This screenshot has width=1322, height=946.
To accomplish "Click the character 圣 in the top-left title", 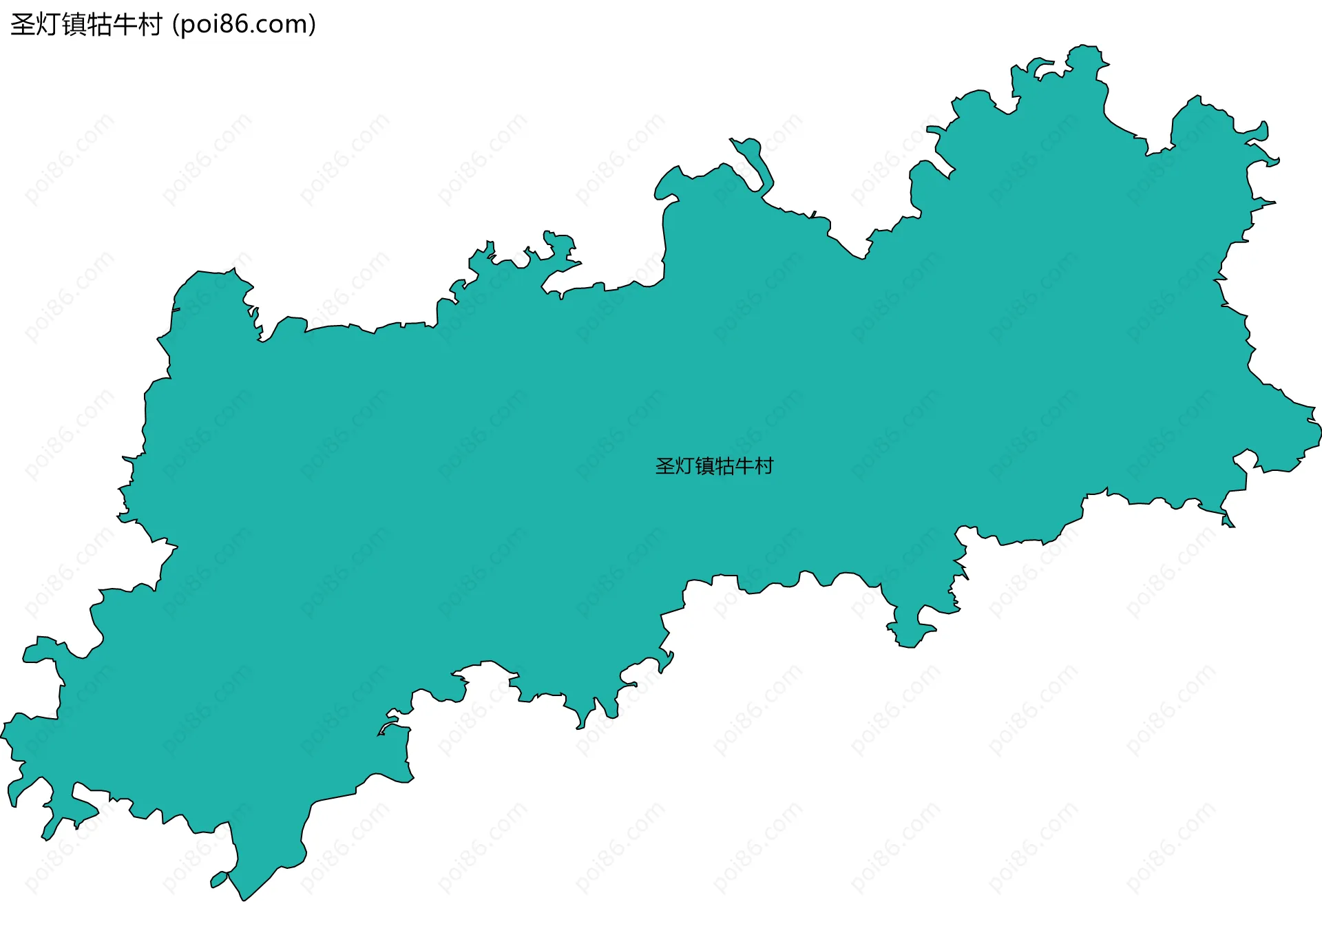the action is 23,25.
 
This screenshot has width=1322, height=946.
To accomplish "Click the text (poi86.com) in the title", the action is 244,25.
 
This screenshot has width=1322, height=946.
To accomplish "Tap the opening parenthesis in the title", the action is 176,25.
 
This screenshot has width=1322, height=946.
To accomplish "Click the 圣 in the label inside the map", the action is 665,466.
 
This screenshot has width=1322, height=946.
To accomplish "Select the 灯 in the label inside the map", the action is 684,466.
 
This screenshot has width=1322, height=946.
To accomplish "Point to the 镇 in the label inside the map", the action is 704,466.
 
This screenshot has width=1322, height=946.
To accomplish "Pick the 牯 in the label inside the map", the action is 724,466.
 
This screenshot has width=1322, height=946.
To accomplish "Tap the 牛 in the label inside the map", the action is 744,466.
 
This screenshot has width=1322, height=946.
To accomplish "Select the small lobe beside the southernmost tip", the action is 219,879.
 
